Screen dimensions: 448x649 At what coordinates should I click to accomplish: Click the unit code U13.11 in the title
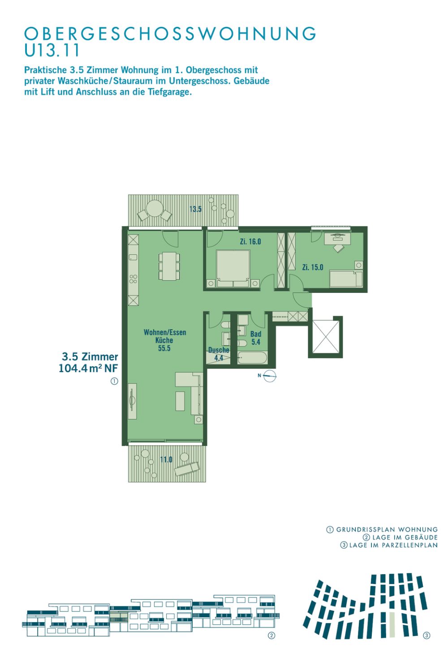[52, 50]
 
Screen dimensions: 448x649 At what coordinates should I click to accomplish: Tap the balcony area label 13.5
[195, 209]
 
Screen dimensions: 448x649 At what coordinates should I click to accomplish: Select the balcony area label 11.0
[166, 459]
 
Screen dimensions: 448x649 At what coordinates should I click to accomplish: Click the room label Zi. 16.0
[250, 241]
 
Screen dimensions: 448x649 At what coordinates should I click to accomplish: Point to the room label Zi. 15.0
[313, 267]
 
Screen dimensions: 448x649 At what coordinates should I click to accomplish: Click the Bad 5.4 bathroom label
[256, 338]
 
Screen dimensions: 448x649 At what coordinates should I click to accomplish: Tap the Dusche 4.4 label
[219, 354]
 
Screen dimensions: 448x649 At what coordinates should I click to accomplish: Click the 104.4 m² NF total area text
[88, 368]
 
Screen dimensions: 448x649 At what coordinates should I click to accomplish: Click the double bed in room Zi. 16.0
[233, 269]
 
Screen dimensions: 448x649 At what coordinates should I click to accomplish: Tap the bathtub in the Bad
[252, 357]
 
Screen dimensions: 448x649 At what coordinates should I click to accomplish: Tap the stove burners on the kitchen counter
[134, 279]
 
